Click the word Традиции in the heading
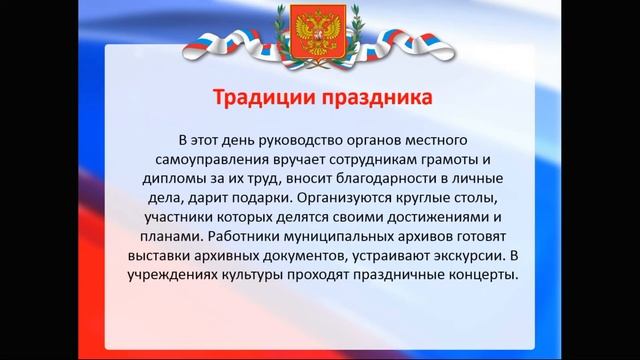(x=266, y=100)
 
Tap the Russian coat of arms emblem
(x=320, y=36)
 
